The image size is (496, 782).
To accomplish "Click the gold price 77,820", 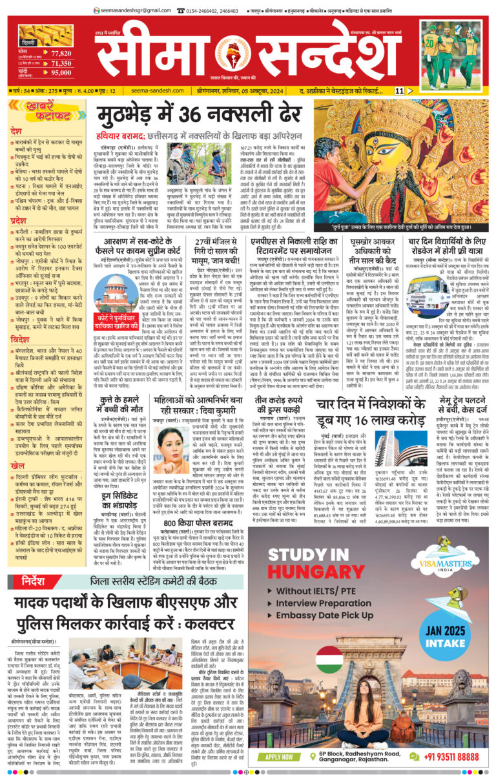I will (60, 54).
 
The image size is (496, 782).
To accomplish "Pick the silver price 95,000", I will (60, 73).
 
